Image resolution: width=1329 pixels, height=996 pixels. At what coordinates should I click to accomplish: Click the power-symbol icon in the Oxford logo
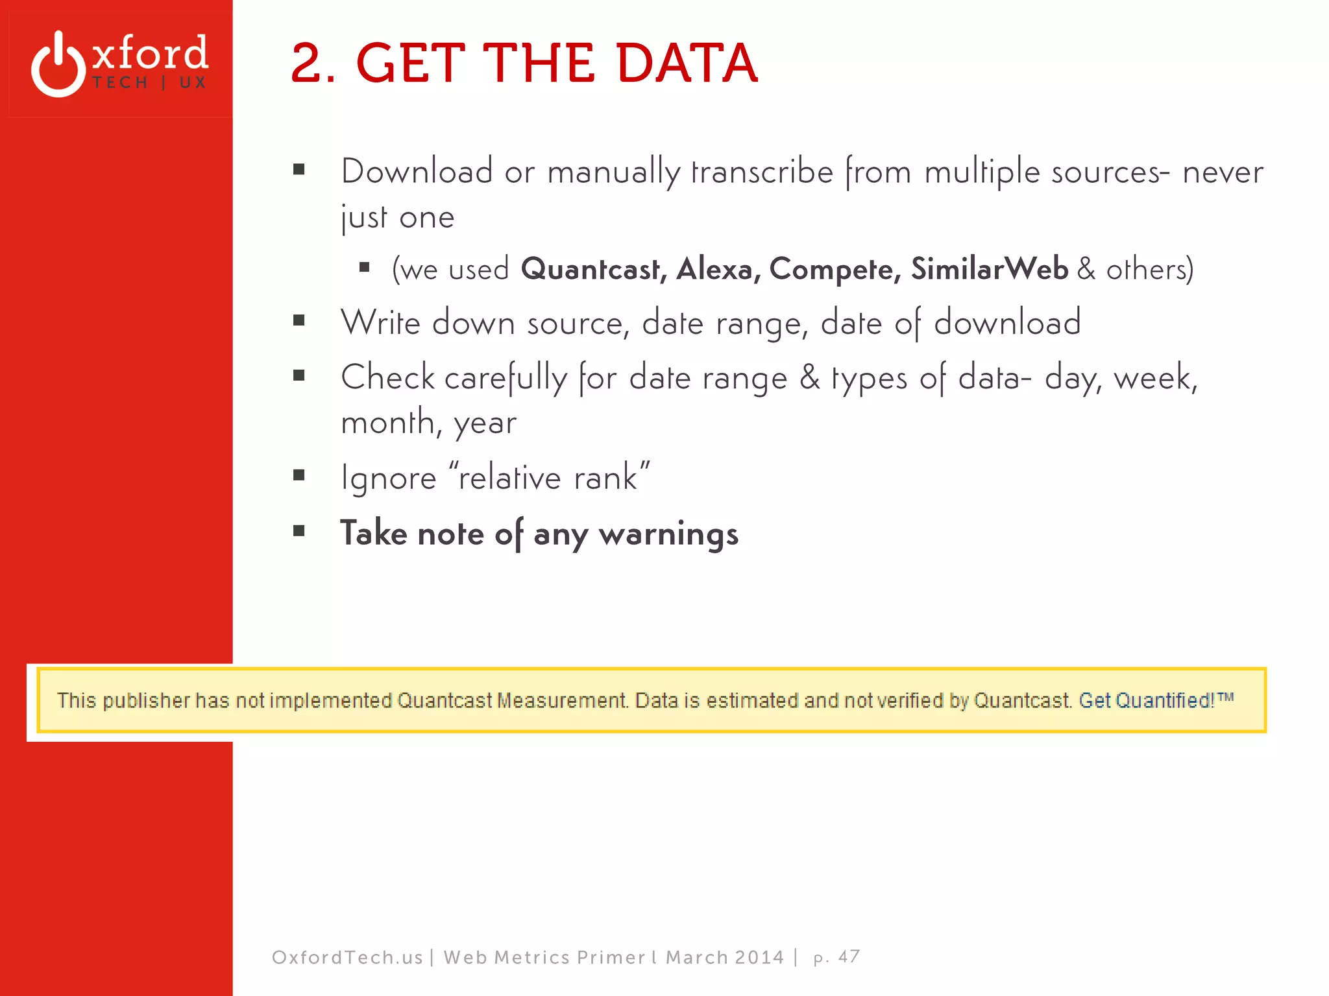tap(58, 65)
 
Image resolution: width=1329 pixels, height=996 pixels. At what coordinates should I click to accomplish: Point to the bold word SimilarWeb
tap(989, 269)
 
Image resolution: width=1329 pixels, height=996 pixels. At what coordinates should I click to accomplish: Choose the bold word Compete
tap(835, 269)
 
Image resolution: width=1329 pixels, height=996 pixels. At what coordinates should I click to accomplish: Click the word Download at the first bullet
tap(417, 172)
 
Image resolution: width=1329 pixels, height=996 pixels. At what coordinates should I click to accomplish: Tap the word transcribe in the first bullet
tap(762, 172)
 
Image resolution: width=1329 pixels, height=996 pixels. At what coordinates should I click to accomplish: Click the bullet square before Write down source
tap(299, 320)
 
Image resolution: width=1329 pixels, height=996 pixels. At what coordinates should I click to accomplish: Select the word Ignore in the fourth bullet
tap(389, 479)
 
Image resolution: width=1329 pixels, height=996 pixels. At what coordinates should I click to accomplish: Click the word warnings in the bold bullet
tap(668, 534)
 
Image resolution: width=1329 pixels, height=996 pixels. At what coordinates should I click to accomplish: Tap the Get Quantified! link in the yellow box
tap(1155, 700)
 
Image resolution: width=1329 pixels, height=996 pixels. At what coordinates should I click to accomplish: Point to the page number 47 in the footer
tap(849, 957)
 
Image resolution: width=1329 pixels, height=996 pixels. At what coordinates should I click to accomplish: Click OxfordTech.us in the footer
tap(347, 957)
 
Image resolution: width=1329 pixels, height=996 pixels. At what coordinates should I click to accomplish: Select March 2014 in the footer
tap(725, 957)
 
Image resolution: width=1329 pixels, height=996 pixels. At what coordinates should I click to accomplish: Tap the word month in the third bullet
tap(387, 423)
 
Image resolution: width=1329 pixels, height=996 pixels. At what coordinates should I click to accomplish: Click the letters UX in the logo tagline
tap(193, 83)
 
